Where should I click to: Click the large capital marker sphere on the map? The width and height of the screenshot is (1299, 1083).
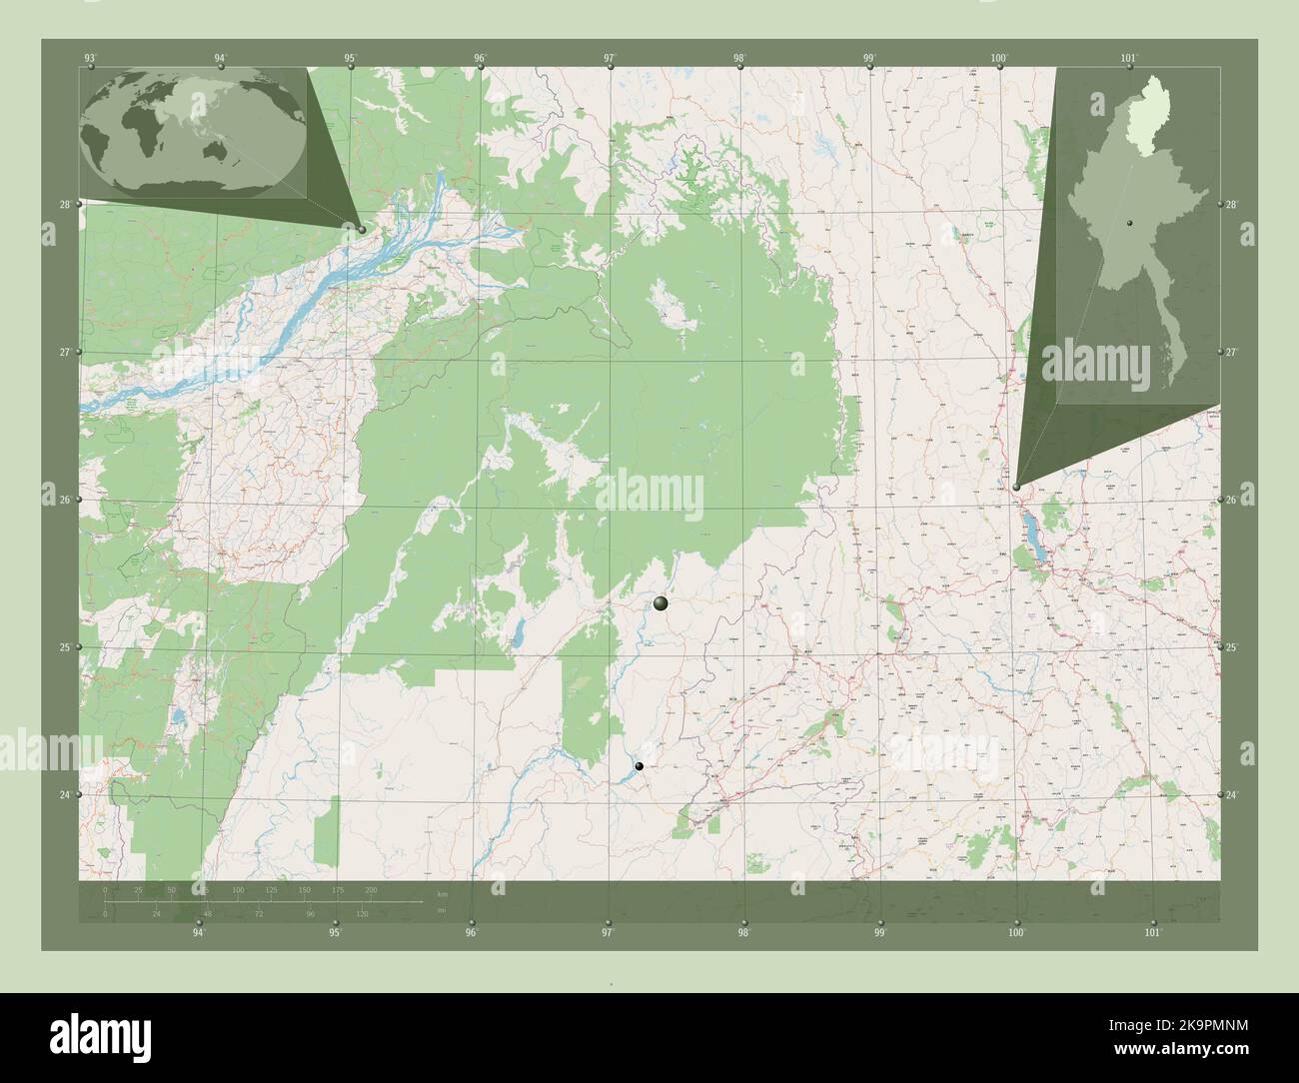(x=659, y=602)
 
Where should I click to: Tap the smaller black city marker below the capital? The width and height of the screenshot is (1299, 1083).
(x=640, y=766)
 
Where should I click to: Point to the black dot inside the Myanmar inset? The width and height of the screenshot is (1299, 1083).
(x=1128, y=222)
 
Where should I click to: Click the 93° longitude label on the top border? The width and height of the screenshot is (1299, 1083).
(x=91, y=59)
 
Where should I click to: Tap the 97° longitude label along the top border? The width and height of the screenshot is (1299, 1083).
(x=609, y=59)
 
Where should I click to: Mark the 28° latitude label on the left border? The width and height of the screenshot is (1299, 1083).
(x=64, y=205)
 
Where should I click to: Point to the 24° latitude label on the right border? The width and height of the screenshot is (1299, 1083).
(x=1231, y=795)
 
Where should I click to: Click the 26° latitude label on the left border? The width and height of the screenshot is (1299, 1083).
(x=64, y=500)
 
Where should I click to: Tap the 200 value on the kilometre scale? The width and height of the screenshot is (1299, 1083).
(x=371, y=889)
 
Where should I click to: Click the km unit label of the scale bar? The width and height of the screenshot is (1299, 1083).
(x=441, y=894)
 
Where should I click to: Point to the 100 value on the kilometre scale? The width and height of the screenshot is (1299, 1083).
(x=238, y=889)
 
